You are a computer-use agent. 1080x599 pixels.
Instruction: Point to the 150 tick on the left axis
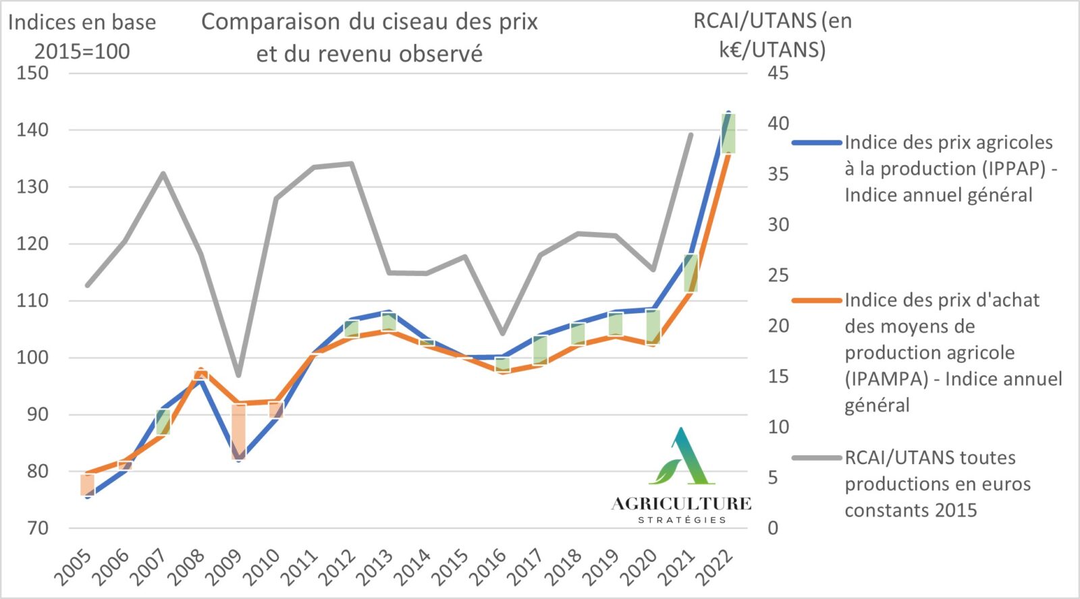32,73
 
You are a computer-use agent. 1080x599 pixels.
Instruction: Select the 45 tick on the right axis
778,73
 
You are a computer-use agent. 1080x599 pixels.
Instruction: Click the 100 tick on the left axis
32,358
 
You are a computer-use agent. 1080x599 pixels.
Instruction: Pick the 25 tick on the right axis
778,275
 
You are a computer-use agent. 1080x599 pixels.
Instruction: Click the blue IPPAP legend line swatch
817,143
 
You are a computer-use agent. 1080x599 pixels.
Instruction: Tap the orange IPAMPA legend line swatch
817,300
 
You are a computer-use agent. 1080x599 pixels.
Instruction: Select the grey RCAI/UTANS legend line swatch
817,458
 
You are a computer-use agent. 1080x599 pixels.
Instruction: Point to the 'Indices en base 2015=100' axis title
82,37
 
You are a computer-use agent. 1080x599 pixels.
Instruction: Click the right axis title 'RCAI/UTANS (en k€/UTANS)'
772,35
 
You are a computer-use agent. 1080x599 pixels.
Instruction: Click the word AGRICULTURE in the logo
681,504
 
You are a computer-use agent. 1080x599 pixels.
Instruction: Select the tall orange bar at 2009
238,432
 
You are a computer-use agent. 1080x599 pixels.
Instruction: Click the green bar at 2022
728,133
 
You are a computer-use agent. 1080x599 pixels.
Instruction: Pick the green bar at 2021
691,273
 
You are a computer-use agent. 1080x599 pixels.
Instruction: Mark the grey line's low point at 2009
238,376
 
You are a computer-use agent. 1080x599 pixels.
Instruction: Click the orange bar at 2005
87,485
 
